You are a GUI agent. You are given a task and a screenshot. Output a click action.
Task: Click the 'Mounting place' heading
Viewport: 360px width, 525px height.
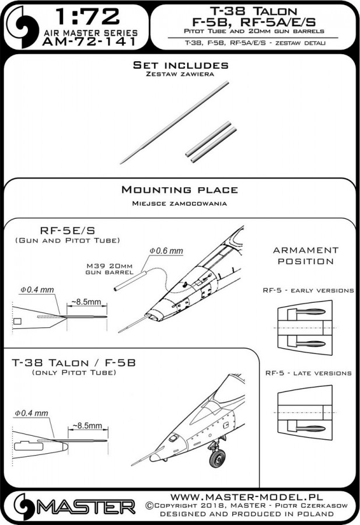coord(179,190)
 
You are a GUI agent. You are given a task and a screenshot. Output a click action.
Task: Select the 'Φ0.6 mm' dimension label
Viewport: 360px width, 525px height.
coord(166,250)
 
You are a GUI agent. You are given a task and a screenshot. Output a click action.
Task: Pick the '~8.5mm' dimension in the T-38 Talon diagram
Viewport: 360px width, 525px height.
coord(86,427)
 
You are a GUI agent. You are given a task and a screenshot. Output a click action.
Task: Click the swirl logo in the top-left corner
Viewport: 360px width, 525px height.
coord(18,23)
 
